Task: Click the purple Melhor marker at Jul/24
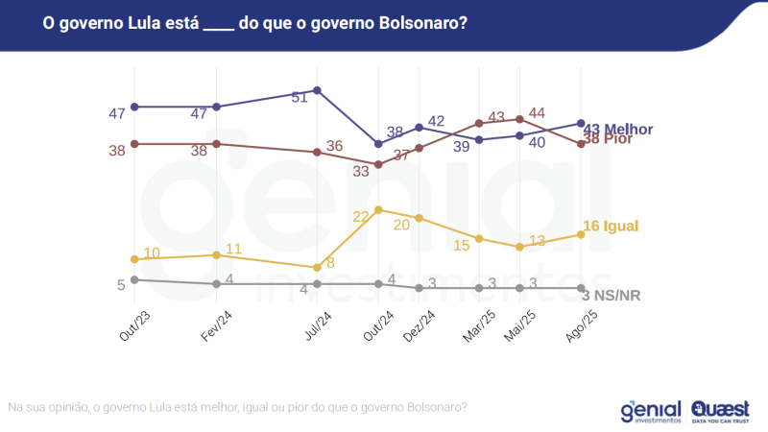[x=317, y=90]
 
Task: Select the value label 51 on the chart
[x=300, y=97]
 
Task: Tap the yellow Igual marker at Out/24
[x=379, y=209]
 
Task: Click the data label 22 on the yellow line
[x=362, y=217]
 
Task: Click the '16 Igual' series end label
[x=611, y=226]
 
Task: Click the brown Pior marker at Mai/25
[x=519, y=119]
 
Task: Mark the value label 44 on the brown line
[x=537, y=112]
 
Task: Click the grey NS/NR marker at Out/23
[x=135, y=279]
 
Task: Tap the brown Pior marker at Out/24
[x=379, y=164]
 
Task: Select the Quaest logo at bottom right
[x=723, y=411]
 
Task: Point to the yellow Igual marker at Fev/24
[x=217, y=254]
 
